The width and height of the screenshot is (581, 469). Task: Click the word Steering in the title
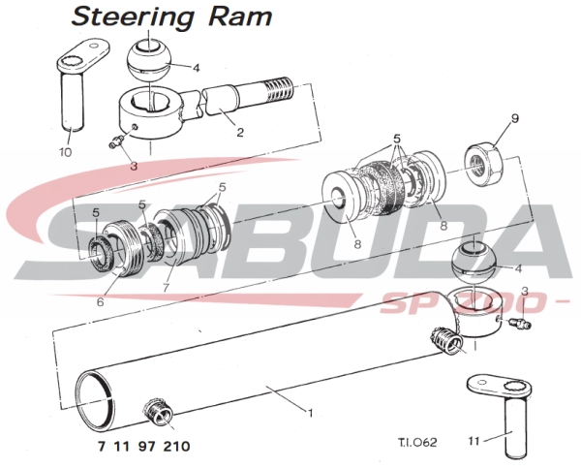(x=133, y=17)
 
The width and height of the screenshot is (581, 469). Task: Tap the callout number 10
(x=65, y=152)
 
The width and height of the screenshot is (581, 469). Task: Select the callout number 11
(x=474, y=441)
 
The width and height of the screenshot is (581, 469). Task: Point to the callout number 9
(x=515, y=118)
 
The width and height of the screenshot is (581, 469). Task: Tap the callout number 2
(x=240, y=132)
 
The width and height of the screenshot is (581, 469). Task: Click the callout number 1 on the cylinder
(x=310, y=412)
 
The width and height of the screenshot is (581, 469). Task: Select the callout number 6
(x=101, y=302)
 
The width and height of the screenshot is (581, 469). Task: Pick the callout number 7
(x=166, y=288)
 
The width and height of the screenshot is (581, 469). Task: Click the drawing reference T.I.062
(x=417, y=442)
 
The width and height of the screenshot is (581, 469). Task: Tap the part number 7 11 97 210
(x=144, y=446)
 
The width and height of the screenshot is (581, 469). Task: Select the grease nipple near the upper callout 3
(x=116, y=141)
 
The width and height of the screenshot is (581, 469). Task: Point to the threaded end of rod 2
(x=281, y=90)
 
